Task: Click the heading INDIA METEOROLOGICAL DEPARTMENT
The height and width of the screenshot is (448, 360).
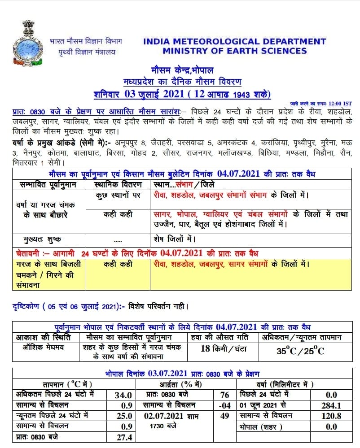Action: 235,42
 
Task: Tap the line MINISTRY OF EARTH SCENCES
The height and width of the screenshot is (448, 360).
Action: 235,51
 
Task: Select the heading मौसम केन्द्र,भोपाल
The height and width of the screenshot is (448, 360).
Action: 182,70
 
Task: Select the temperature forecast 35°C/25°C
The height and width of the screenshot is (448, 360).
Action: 300,351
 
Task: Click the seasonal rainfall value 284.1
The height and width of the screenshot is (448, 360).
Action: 332,405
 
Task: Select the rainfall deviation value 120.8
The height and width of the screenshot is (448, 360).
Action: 332,416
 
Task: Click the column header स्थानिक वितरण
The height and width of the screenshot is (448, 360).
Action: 119,184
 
